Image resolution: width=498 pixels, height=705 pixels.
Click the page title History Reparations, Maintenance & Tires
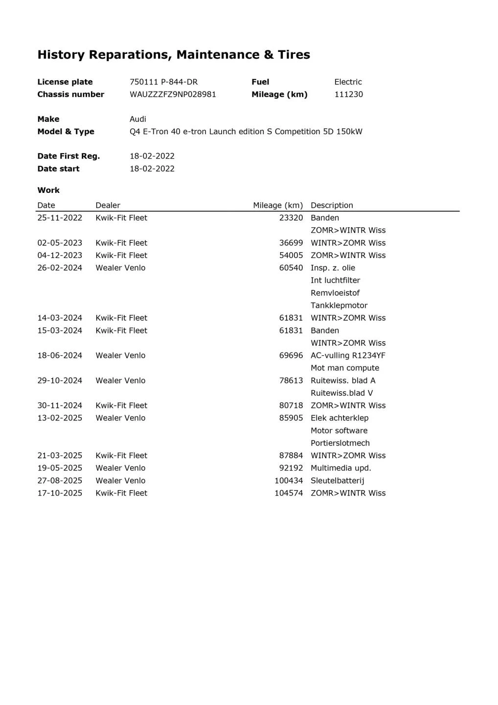(174, 55)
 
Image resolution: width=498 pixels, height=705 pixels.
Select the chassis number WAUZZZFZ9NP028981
(173, 94)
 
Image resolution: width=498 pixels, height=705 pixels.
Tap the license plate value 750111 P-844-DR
(163, 82)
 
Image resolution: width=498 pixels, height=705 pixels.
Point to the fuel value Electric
(348, 82)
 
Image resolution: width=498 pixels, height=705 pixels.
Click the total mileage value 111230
(348, 94)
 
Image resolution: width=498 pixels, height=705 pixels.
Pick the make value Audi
(137, 119)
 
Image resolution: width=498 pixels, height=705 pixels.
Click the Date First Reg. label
(68, 156)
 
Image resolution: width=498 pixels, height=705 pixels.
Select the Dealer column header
(108, 206)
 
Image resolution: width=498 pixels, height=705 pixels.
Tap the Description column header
(332, 206)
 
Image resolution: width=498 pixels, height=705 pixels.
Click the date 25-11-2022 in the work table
(60, 218)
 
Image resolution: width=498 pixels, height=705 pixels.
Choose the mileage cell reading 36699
(291, 243)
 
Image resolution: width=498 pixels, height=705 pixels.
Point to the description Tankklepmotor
(339, 305)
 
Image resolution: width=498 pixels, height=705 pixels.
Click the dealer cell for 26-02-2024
(120, 268)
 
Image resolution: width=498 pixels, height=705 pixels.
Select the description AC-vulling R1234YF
(348, 355)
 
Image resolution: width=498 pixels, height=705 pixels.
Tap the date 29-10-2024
(60, 380)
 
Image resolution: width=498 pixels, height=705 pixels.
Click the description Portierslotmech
(340, 443)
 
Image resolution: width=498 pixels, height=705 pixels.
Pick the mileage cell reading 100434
(289, 481)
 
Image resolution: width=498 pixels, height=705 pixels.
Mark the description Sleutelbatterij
(337, 481)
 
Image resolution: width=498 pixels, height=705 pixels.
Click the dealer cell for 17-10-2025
(121, 493)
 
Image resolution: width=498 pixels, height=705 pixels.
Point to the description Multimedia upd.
(340, 468)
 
